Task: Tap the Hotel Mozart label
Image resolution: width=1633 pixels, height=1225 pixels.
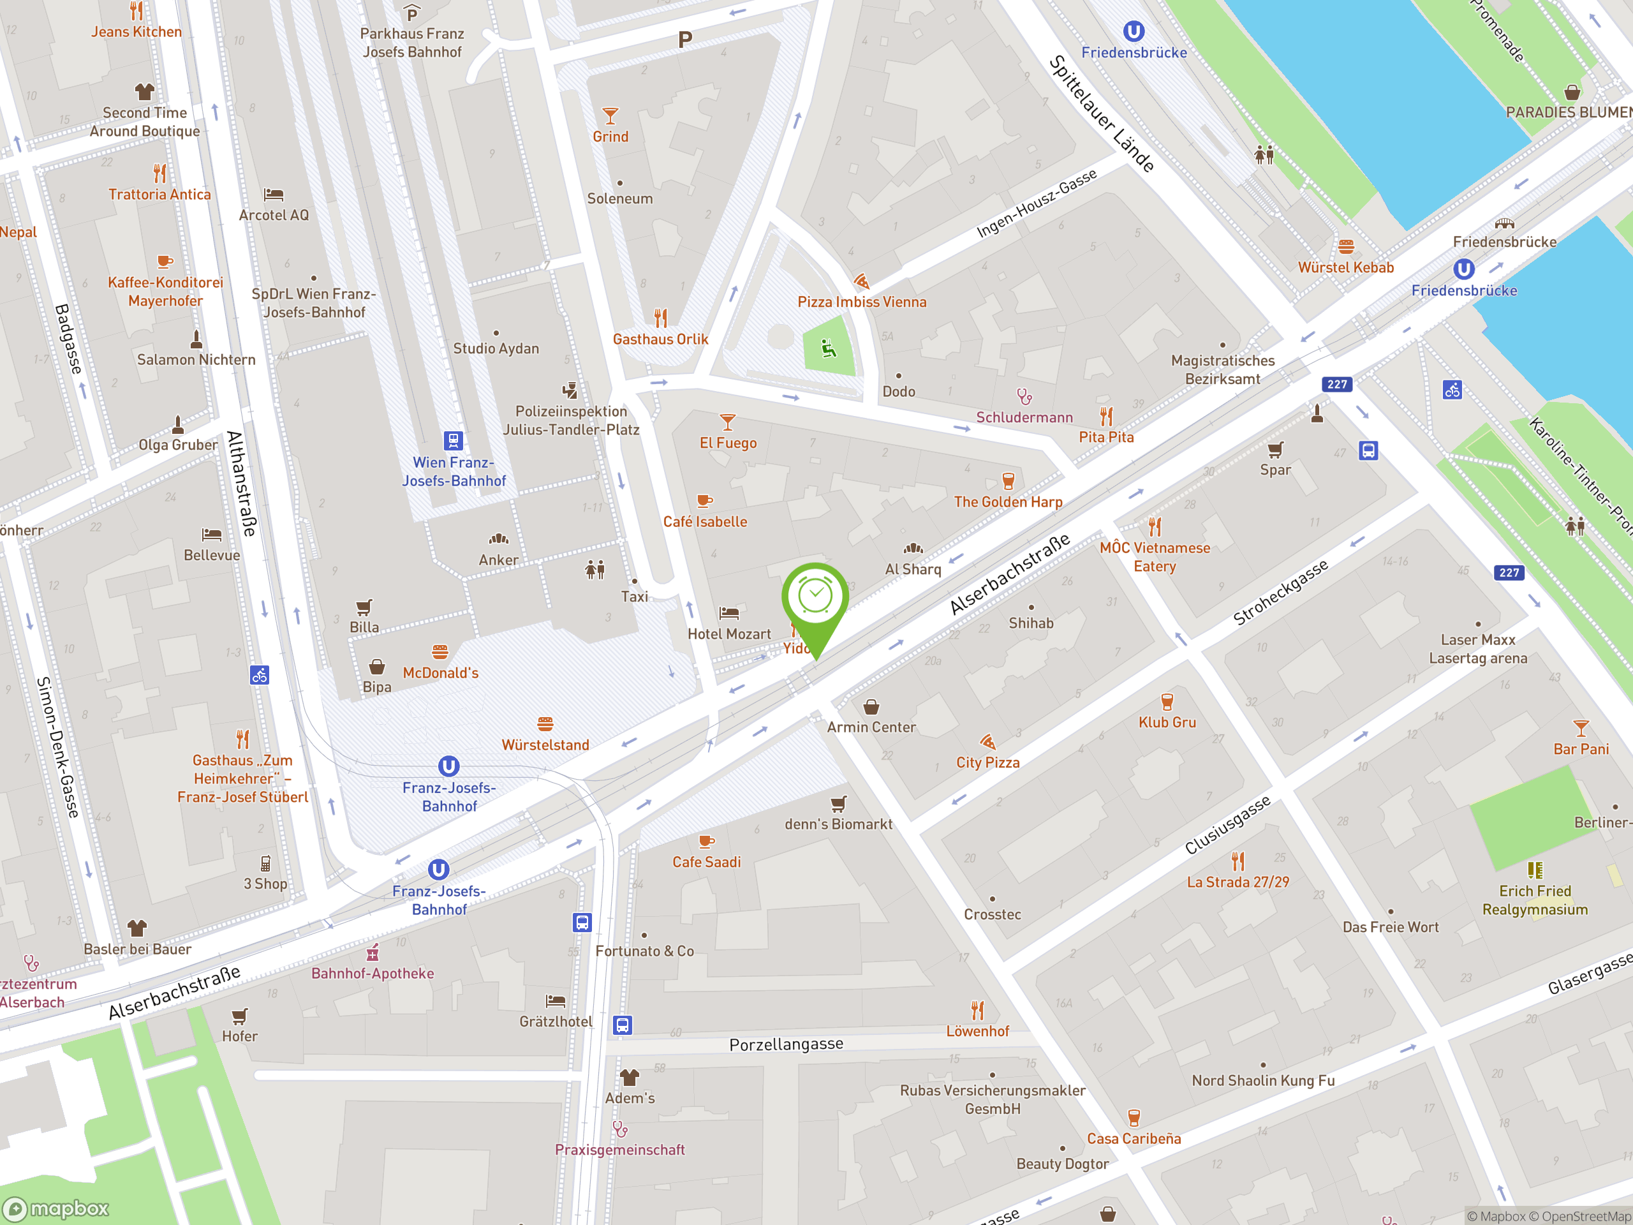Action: click(728, 634)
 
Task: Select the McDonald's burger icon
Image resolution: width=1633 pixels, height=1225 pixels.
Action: click(440, 651)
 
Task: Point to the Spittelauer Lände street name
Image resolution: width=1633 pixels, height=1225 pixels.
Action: click(1101, 114)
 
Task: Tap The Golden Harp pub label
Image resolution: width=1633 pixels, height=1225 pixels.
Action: click(1008, 502)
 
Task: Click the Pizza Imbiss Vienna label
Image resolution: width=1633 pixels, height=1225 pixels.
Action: click(862, 302)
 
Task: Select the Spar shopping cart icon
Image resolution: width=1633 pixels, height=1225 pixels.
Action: click(1275, 450)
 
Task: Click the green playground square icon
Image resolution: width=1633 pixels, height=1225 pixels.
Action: click(829, 348)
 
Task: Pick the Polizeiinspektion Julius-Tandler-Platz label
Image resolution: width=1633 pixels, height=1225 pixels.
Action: click(571, 420)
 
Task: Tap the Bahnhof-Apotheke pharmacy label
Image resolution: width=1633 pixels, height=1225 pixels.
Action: click(372, 973)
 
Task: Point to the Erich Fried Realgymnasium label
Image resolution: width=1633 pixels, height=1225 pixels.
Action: click(1535, 900)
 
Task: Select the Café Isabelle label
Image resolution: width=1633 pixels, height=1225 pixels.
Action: click(704, 522)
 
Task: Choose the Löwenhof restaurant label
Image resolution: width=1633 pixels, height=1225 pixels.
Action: click(977, 1032)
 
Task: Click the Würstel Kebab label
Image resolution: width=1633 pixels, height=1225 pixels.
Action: click(1345, 268)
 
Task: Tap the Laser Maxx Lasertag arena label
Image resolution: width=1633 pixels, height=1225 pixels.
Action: click(1477, 649)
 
